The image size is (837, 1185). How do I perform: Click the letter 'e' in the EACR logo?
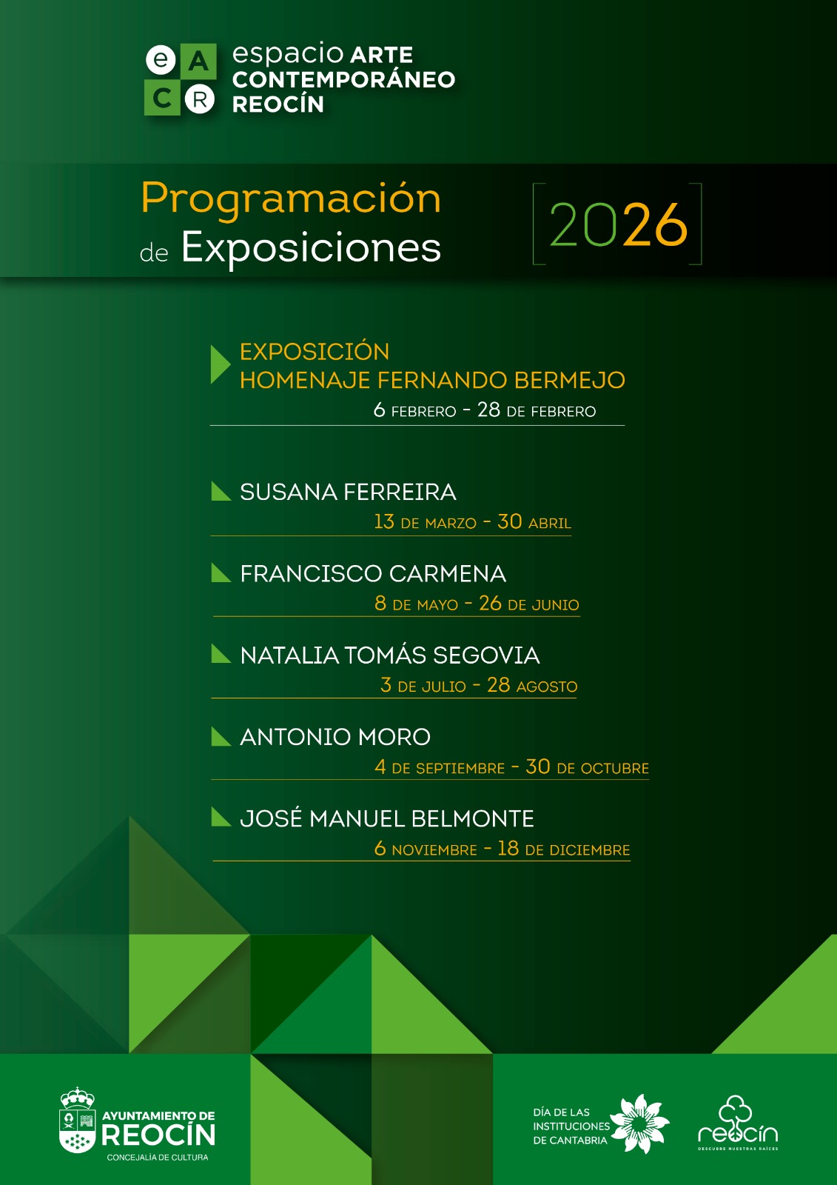[161, 60]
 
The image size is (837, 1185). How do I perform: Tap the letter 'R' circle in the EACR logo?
[199, 99]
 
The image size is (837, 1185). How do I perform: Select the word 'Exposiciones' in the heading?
[311, 247]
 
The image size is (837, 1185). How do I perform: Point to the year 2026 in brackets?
[618, 224]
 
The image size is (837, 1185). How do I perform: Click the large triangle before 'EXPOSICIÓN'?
[220, 364]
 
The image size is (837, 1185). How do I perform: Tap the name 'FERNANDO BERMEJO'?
[501, 380]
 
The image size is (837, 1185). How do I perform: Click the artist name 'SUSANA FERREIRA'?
[348, 492]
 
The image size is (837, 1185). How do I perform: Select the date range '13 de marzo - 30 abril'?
[473, 521]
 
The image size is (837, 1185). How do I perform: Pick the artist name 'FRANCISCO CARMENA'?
[373, 573]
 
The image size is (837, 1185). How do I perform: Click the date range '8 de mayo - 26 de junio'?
[477, 604]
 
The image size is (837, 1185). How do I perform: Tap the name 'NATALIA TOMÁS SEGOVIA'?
[390, 655]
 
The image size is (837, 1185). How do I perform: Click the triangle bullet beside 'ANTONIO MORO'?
[221, 736]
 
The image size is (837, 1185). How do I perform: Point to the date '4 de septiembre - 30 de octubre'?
[511, 767]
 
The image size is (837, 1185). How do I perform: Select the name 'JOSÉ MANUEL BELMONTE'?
[386, 818]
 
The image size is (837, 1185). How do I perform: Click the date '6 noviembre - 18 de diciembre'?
[502, 849]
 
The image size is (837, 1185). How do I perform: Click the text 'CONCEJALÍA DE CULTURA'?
[158, 1158]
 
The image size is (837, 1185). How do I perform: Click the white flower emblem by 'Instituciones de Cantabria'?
[640, 1124]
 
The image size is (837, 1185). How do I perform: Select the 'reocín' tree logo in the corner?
[738, 1122]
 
